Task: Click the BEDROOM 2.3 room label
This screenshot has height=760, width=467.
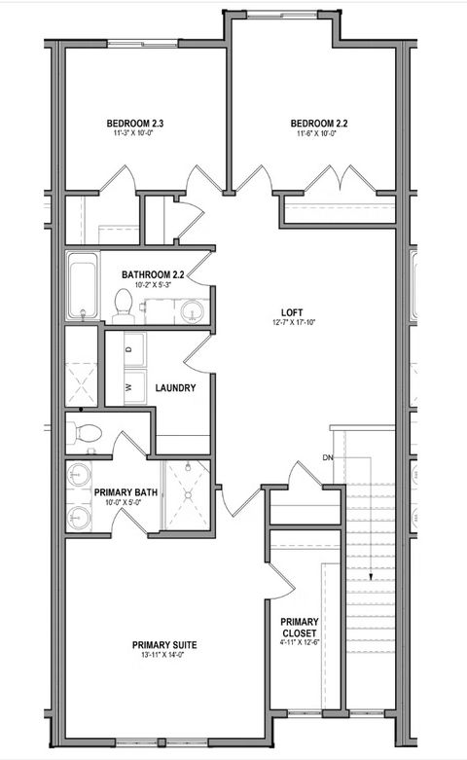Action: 134,123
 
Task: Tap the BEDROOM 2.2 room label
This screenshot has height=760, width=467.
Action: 318,123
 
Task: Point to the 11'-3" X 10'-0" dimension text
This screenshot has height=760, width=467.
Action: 134,135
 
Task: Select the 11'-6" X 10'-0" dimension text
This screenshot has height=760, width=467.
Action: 318,135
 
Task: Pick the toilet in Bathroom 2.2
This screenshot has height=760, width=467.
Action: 124,305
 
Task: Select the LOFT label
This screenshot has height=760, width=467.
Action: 289,314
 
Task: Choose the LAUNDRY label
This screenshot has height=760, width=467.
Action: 176,387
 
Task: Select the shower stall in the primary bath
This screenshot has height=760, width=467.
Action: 185,494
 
